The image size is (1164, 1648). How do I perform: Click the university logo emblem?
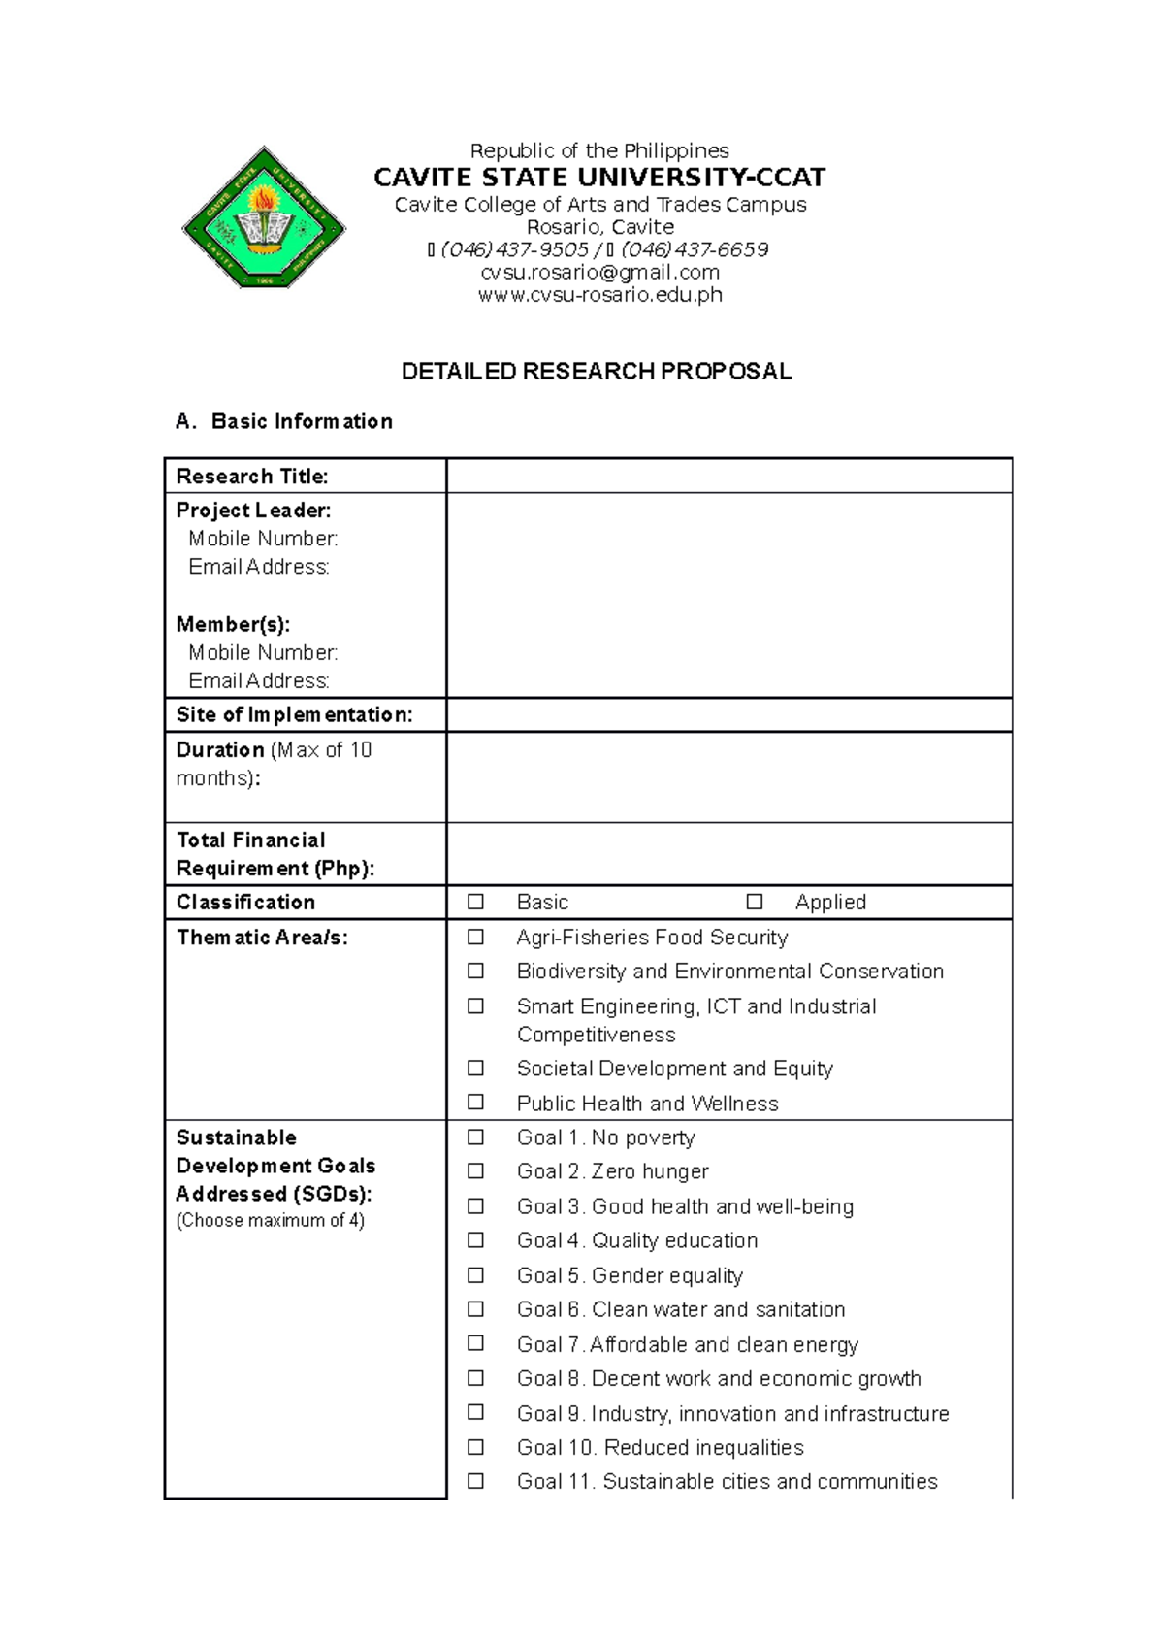pyautogui.click(x=264, y=217)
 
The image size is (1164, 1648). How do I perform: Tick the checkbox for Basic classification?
pyautogui.click(x=475, y=902)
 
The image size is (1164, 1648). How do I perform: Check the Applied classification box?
pyautogui.click(x=754, y=902)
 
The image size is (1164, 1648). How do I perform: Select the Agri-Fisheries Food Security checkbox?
pyautogui.click(x=475, y=937)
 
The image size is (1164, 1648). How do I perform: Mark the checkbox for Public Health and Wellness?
pyautogui.click(x=475, y=1102)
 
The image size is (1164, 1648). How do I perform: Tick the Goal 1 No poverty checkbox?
pyautogui.click(x=475, y=1137)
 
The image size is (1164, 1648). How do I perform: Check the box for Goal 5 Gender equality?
pyautogui.click(x=475, y=1274)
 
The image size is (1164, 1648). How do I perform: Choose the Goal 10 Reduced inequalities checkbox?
pyautogui.click(x=475, y=1446)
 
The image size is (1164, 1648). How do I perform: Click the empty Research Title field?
pyautogui.click(x=728, y=476)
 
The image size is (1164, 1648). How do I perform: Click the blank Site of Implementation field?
pyautogui.click(x=728, y=714)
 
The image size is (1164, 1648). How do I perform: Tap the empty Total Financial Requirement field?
pyautogui.click(x=728, y=854)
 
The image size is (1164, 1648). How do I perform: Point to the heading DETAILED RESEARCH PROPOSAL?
pyautogui.click(x=597, y=372)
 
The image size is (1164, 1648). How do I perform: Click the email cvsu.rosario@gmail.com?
pyautogui.click(x=599, y=273)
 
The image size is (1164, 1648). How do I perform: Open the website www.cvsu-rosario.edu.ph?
pyautogui.click(x=599, y=295)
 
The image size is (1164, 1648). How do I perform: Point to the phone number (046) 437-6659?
pyautogui.click(x=695, y=250)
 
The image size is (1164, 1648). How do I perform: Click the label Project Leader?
pyautogui.click(x=253, y=511)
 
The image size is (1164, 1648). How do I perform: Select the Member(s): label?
pyautogui.click(x=233, y=624)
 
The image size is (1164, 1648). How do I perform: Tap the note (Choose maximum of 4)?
pyautogui.click(x=270, y=1221)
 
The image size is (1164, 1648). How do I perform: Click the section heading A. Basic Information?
pyautogui.click(x=284, y=421)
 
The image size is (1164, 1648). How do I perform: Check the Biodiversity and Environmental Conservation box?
pyautogui.click(x=475, y=971)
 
